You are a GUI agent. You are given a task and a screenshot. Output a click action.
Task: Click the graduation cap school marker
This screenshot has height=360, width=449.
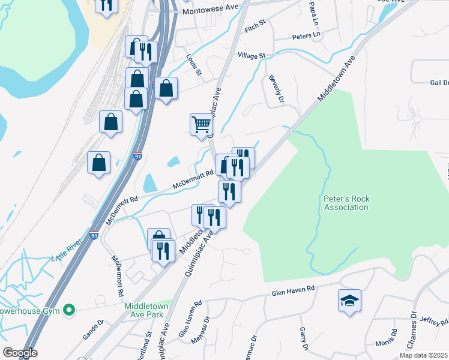[x=349, y=301]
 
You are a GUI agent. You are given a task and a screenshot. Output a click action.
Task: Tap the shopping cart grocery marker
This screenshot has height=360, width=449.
[x=202, y=125]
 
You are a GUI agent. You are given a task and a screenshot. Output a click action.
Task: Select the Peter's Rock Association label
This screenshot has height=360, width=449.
[x=346, y=203]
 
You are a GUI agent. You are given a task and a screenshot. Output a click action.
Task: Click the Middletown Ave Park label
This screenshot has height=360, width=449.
[x=146, y=310]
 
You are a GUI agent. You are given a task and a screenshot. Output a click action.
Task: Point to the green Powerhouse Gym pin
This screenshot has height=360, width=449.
[x=69, y=310]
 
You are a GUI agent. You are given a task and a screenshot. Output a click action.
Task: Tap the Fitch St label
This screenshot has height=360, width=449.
[x=255, y=25]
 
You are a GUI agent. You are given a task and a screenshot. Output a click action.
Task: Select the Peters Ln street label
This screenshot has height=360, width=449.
[x=306, y=36]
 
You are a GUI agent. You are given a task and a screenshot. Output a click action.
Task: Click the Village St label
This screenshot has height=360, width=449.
[x=252, y=55]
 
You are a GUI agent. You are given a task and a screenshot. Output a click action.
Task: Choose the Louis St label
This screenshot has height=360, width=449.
[x=194, y=67]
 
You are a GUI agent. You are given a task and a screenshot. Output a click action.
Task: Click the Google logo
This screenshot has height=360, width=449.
[x=19, y=353]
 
